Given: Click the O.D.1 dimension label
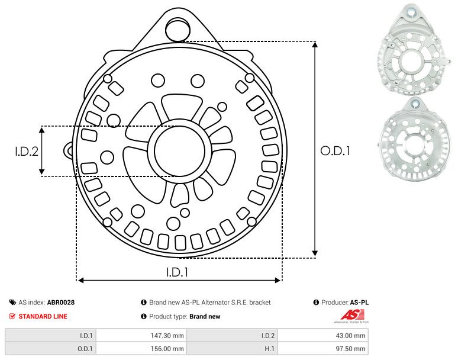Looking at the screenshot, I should (x=335, y=151).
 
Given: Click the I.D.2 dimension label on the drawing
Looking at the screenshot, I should (x=27, y=151).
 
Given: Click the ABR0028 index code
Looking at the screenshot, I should (x=61, y=303).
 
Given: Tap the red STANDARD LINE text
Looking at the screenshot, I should (x=43, y=316).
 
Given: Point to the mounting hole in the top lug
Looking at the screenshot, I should (x=176, y=28).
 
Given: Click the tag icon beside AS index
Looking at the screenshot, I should (x=12, y=303).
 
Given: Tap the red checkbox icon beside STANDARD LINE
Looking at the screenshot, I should (x=12, y=316).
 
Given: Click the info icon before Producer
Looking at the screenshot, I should (x=317, y=303).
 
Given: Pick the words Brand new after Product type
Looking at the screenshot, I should (x=205, y=317).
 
